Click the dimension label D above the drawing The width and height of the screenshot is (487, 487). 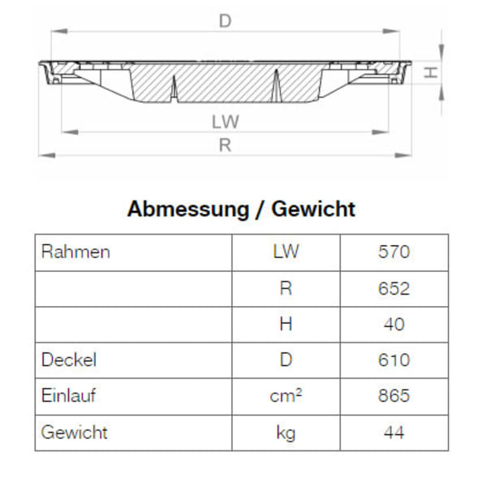click(225, 22)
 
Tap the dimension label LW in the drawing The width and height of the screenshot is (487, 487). click(226, 122)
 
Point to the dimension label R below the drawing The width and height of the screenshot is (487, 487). click(226, 145)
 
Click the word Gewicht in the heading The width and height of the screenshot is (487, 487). click(313, 209)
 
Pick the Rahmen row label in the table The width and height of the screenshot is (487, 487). click(75, 252)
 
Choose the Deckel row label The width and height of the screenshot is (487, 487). click(68, 360)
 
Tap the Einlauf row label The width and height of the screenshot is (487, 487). click(70, 395)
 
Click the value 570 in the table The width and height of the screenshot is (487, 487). click(394, 252)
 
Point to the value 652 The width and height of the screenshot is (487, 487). click(394, 288)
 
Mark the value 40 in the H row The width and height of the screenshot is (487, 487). click(394, 324)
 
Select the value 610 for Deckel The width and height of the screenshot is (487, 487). click(394, 360)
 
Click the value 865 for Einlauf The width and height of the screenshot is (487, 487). click(394, 395)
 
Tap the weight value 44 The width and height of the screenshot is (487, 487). click(394, 432)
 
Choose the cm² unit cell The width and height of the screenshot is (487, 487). click(286, 395)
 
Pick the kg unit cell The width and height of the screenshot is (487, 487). click(286, 433)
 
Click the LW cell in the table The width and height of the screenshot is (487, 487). click(286, 252)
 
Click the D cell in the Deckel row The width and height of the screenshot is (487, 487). click(286, 360)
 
